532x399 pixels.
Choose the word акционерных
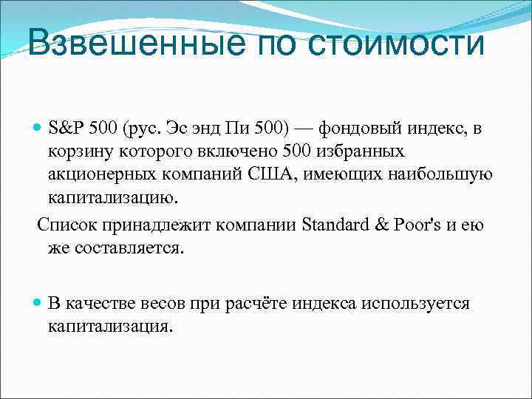(96, 175)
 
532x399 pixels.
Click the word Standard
(337, 225)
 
